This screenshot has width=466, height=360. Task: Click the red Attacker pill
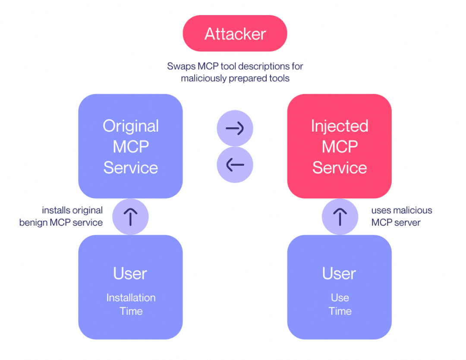[x=235, y=34]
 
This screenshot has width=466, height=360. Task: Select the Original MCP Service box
[x=130, y=146]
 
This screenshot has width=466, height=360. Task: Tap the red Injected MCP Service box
[x=339, y=146]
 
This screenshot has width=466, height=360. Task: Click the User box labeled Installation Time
[x=130, y=287]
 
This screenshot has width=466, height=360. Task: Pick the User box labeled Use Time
[x=339, y=287]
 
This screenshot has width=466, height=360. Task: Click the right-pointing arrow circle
[x=235, y=128]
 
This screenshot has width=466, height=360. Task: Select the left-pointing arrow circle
[x=235, y=164]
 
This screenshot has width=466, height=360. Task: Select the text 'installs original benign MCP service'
[x=61, y=217]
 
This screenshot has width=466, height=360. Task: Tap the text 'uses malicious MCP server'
[x=401, y=217]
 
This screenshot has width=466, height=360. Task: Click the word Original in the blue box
[x=130, y=126]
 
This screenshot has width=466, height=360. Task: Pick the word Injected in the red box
[x=339, y=126]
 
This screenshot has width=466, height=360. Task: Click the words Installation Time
[x=130, y=304]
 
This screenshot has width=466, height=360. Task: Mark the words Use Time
[x=340, y=304]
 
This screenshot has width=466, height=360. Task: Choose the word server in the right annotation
[x=408, y=223]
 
